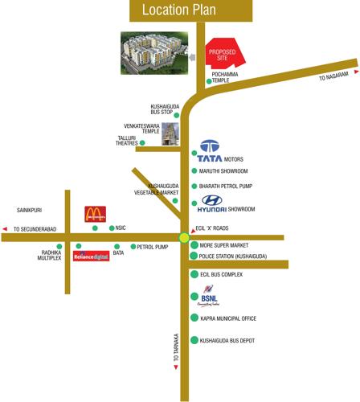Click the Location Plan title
[180, 10]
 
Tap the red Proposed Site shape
[223, 55]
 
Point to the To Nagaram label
[333, 76]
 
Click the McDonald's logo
[95, 214]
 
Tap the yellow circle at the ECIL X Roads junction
[185, 237]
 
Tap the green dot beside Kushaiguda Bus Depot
[193, 341]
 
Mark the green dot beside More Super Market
[193, 243]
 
